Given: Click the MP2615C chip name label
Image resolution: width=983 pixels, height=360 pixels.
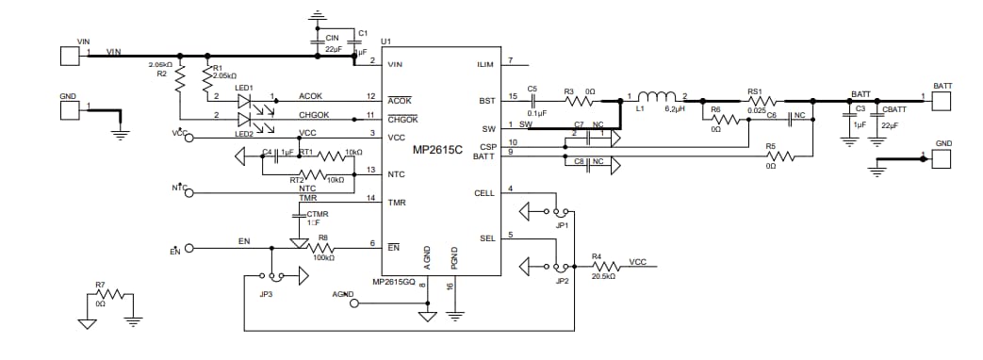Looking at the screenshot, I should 436,150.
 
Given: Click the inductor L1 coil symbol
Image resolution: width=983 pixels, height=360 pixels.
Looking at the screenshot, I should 658,95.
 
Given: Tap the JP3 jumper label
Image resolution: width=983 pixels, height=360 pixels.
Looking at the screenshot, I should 267,295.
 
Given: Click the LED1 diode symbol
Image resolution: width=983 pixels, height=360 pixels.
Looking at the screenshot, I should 247,97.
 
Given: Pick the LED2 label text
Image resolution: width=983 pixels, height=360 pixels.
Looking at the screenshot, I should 245,132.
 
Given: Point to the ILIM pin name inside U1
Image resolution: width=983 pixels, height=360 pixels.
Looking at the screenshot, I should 486,64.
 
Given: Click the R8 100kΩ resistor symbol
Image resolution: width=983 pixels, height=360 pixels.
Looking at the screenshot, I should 324,247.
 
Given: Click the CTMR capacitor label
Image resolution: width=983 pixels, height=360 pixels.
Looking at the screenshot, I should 317,215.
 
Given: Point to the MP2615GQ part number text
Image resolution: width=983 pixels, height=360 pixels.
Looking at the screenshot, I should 395,282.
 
